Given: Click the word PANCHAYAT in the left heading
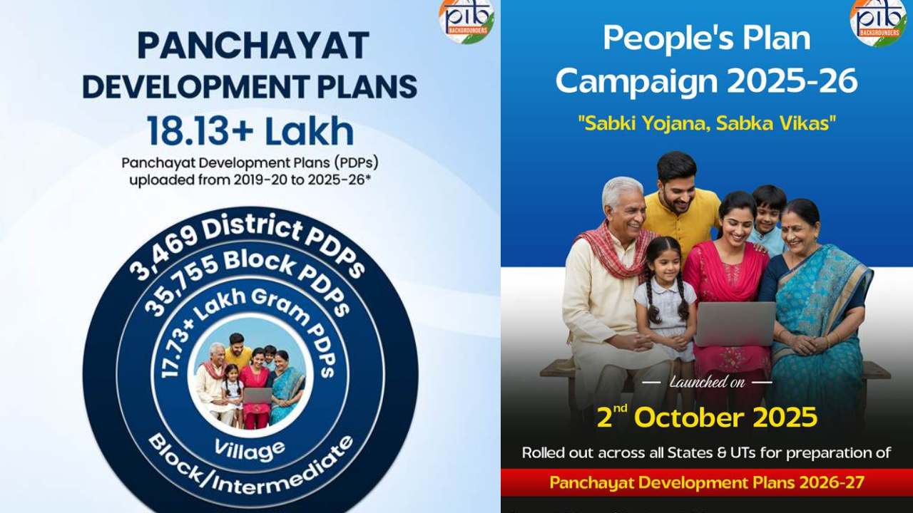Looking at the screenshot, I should (x=253, y=46).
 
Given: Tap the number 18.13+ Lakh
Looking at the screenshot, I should (x=250, y=131).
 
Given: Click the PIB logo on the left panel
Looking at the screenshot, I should (x=466, y=20).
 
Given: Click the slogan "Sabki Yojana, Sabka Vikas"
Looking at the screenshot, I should (x=706, y=123).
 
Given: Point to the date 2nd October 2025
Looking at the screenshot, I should (x=707, y=418).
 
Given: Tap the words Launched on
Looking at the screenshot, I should (x=706, y=383).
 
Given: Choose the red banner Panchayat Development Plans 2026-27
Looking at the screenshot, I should (x=706, y=482).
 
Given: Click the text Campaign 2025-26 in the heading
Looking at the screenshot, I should (x=706, y=81).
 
